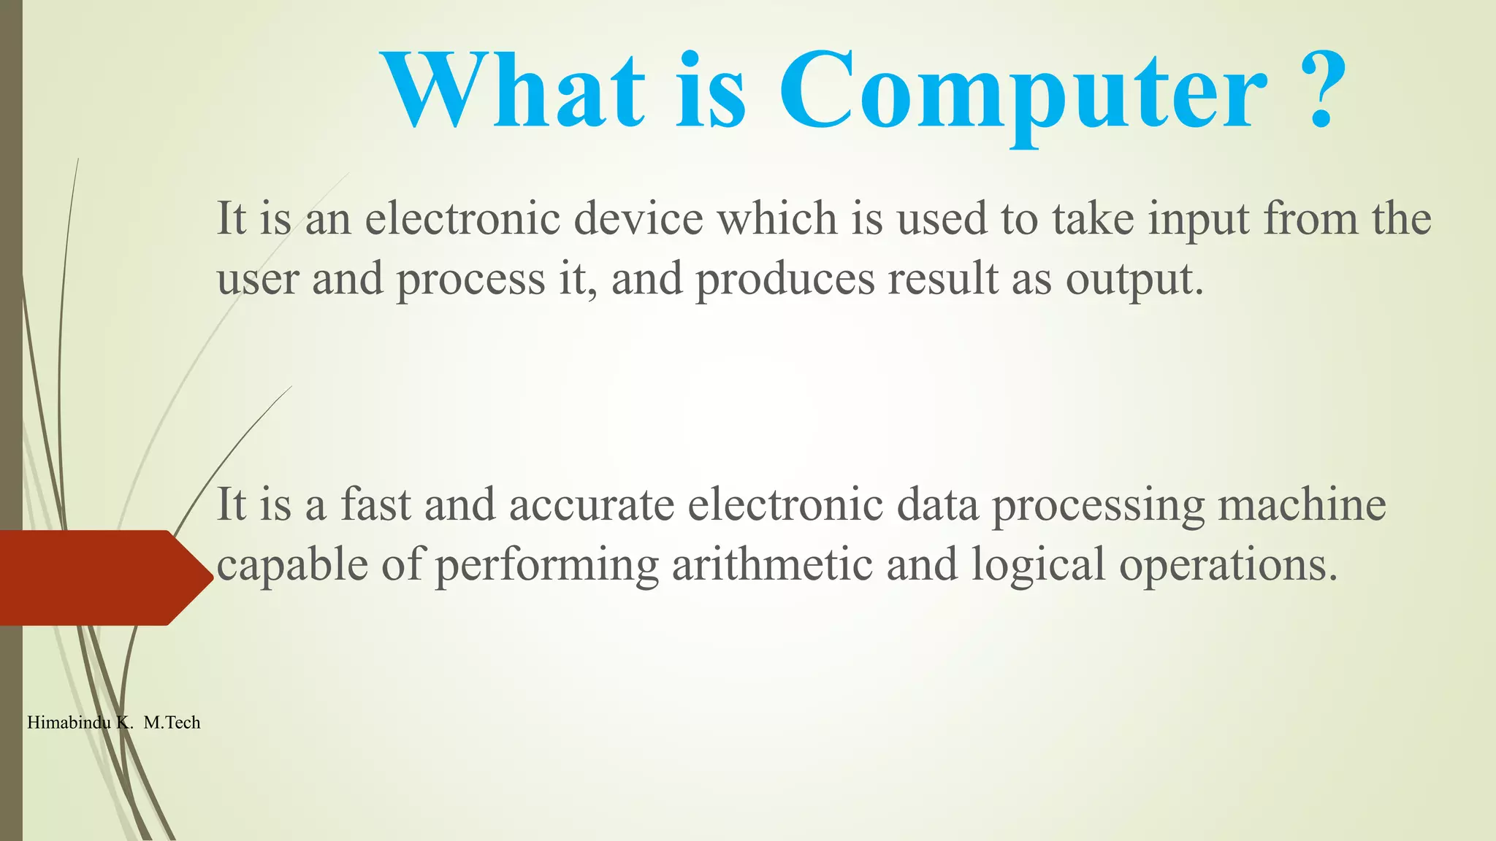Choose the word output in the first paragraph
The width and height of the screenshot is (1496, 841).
coord(1134,280)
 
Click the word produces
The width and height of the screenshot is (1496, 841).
coord(785,280)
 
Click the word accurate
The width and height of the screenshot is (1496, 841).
coord(592,506)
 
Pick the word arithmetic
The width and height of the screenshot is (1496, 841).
coord(772,564)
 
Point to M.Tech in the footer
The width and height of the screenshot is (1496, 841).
coord(172,723)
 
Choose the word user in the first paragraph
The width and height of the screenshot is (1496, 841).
coord(258,280)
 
